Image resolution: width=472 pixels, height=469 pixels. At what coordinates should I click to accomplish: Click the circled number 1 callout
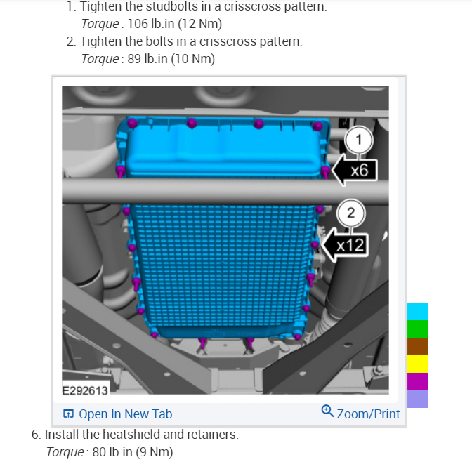click(358, 140)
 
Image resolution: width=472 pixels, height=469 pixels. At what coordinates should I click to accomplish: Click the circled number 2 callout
click(351, 213)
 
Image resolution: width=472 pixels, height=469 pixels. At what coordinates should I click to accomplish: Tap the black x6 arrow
click(355, 171)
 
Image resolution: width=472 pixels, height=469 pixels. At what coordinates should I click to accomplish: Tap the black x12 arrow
click(345, 245)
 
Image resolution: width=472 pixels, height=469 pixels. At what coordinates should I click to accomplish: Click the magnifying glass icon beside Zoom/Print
click(327, 411)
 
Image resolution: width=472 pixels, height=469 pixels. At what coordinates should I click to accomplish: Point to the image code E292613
click(85, 390)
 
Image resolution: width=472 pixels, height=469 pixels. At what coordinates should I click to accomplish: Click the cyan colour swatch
click(417, 311)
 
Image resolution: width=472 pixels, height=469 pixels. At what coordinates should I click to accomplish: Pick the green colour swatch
click(417, 329)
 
